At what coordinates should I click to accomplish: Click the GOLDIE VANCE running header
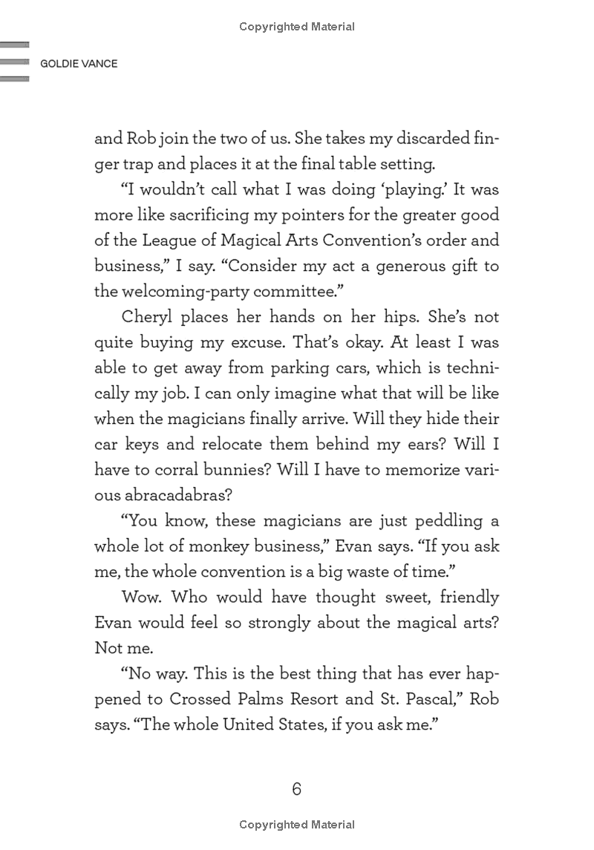(x=74, y=64)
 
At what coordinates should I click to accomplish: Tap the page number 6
(x=296, y=788)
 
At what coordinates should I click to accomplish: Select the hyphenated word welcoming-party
(x=192, y=292)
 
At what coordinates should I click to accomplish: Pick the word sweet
(x=402, y=597)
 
